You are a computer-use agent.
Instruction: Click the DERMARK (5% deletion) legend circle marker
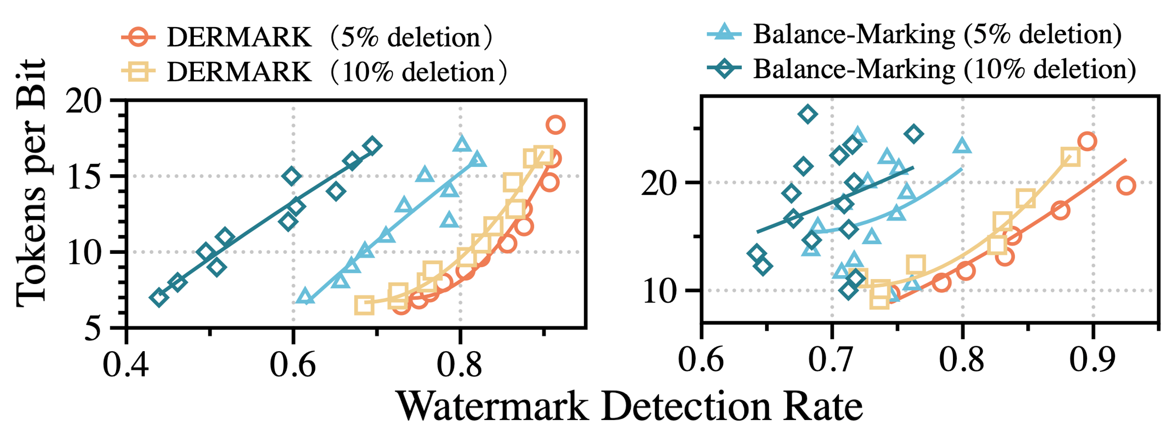click(139, 37)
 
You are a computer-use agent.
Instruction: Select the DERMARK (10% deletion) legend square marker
click(139, 72)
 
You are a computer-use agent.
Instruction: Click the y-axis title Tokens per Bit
click(31, 183)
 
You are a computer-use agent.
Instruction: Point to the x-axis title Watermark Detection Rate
click(630, 407)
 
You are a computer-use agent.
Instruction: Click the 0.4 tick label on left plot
click(126, 364)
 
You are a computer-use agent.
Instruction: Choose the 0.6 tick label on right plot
click(701, 360)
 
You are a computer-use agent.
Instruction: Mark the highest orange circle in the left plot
click(556, 124)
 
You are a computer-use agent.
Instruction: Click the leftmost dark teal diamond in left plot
click(158, 298)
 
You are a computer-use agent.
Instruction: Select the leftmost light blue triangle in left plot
click(305, 297)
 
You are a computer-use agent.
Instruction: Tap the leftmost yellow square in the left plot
click(364, 305)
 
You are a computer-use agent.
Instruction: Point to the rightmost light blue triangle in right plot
click(962, 146)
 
